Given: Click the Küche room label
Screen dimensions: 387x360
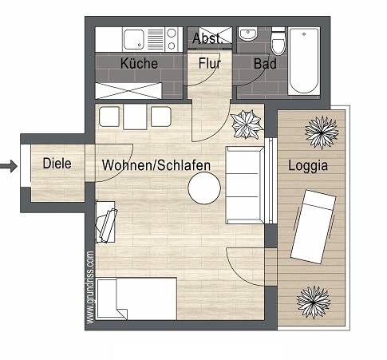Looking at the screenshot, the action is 139,63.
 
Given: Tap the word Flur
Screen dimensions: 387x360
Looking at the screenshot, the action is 210,63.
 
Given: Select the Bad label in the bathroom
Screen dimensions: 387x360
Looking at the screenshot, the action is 265,64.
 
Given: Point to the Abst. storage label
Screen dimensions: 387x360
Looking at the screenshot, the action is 207,38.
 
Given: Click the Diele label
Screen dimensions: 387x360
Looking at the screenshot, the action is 57,163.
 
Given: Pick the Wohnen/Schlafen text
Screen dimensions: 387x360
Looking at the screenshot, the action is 156,165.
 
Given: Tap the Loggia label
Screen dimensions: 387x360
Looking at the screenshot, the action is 308,165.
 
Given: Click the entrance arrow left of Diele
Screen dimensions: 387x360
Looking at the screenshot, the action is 9,166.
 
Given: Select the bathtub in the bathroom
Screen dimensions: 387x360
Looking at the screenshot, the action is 304,61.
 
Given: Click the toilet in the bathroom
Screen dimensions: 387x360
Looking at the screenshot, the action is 278,42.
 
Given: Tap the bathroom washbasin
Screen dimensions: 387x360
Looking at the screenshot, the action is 248,34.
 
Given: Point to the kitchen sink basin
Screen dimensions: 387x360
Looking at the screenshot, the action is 134,39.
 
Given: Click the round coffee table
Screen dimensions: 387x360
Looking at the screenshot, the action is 204,188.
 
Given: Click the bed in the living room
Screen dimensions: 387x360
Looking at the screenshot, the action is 136,299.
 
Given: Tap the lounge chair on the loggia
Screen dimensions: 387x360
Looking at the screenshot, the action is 314,227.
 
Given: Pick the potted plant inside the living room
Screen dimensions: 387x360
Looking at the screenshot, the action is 247,125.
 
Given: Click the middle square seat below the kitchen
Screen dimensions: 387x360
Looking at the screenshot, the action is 135,117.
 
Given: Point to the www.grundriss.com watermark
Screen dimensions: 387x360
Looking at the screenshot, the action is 90,287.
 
